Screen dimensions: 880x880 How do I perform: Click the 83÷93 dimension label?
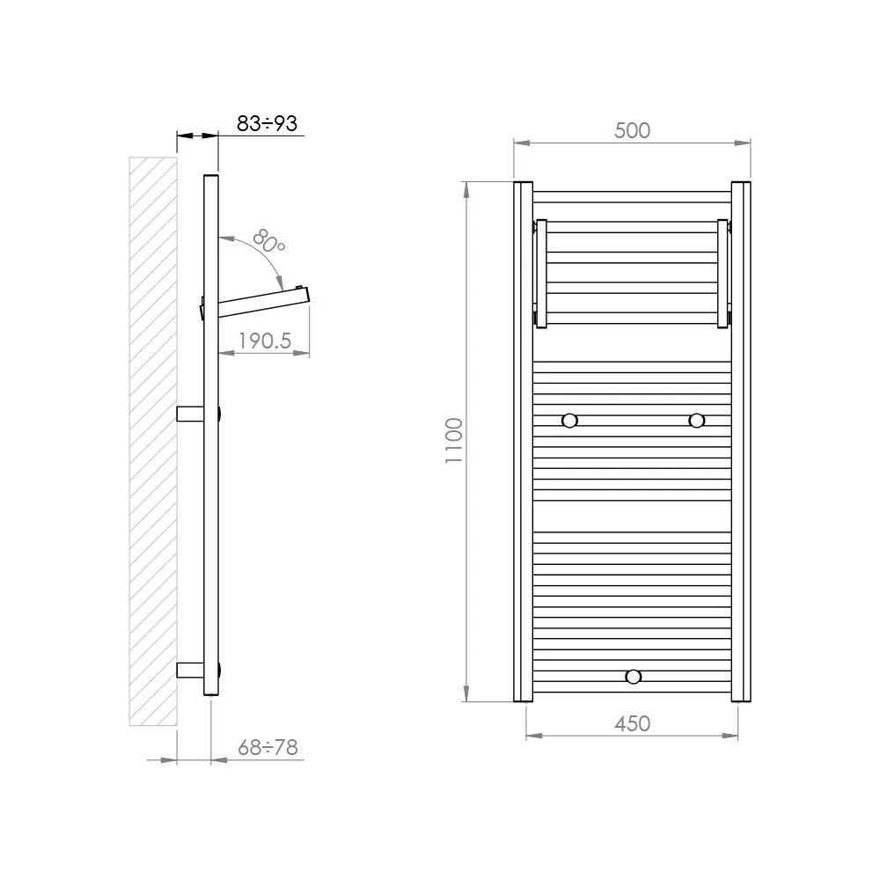[267, 123]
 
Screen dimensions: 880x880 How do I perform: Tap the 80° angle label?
[268, 241]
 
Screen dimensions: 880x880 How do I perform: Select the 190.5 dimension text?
[265, 341]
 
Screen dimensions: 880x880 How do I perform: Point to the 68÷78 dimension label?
[268, 747]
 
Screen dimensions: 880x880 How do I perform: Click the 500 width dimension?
[633, 130]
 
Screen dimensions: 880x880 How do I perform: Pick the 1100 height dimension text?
[453, 441]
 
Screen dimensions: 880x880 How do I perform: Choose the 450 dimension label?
[633, 723]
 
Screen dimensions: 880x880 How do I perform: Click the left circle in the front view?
[569, 421]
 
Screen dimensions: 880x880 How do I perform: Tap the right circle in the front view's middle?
[696, 421]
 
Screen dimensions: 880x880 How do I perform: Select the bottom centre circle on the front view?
[633, 677]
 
